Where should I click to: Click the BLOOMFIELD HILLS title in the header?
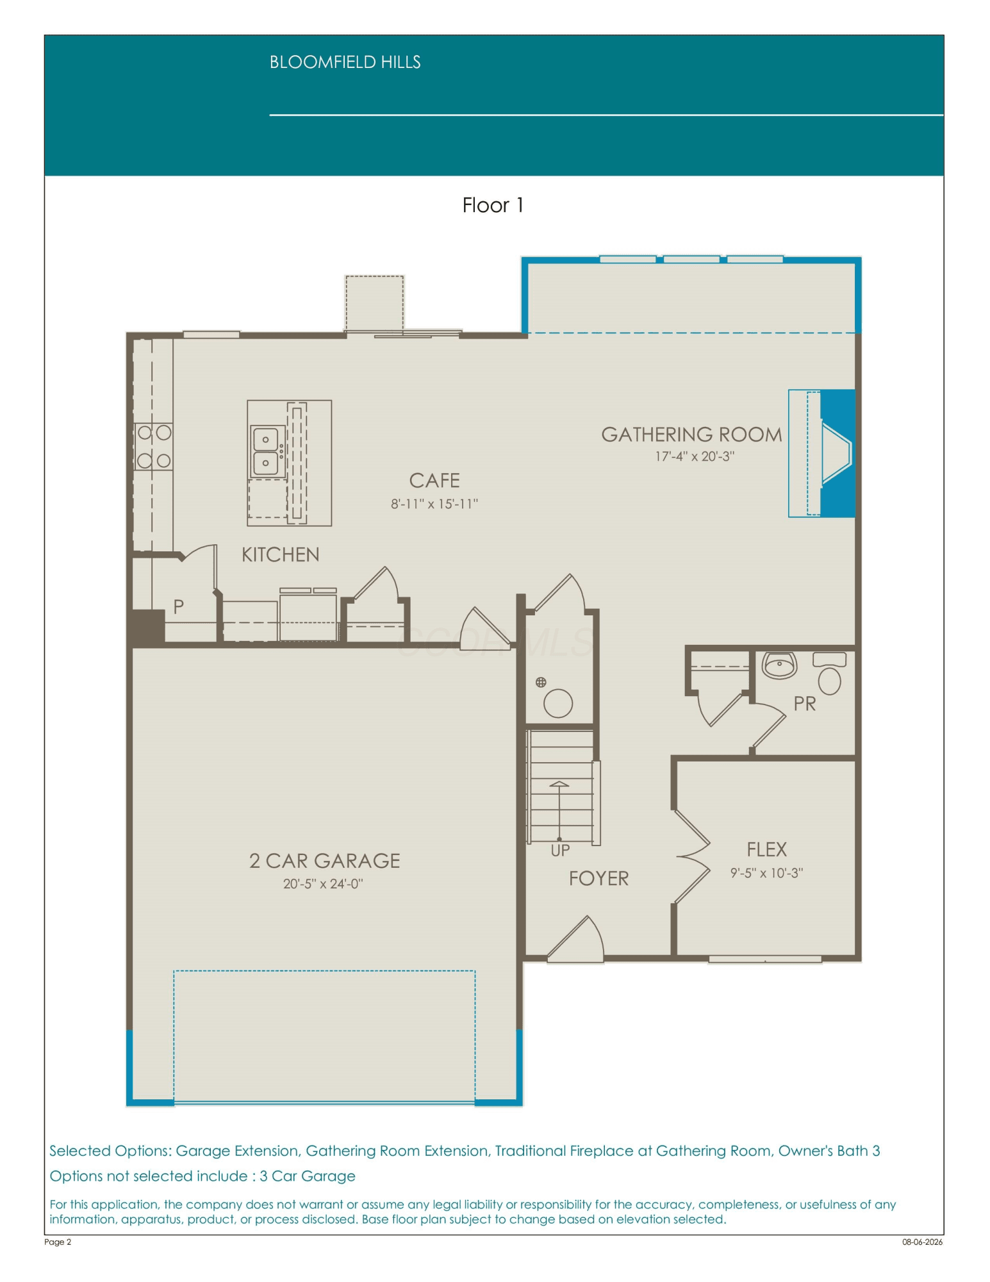(x=345, y=62)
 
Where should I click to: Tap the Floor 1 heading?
(x=493, y=205)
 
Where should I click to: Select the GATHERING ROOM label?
(x=691, y=435)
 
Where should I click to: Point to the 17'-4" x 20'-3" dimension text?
(x=694, y=456)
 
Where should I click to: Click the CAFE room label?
(x=434, y=481)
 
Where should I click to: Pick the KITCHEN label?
(x=280, y=554)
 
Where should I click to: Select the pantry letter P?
(x=178, y=606)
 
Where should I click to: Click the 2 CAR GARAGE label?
(x=324, y=861)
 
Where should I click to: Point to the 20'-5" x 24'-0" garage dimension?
(x=323, y=884)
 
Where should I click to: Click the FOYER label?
(x=598, y=879)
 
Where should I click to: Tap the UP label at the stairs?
(x=560, y=851)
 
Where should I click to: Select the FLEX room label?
(x=766, y=850)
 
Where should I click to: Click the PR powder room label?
(x=804, y=704)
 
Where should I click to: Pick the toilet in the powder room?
(x=829, y=673)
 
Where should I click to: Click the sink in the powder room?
(x=779, y=665)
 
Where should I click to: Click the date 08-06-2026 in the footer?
(x=922, y=1242)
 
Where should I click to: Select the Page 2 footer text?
(x=58, y=1242)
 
